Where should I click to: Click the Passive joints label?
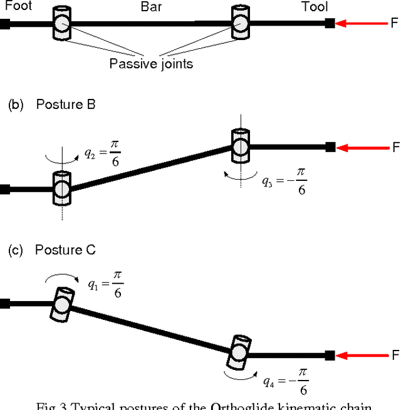(150, 63)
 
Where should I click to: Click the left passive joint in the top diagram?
(61, 24)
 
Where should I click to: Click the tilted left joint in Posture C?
(61, 305)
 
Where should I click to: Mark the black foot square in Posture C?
(4, 304)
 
